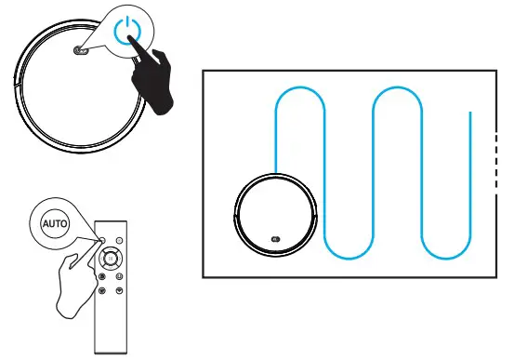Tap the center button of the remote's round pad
111,258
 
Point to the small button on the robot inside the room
276,239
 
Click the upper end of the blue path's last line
470,113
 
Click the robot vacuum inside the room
275,215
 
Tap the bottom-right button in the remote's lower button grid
119,290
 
